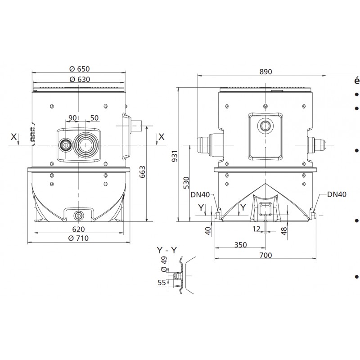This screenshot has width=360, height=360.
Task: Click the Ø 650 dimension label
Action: (79, 69)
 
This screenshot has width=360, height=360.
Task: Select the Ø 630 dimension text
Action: (79, 79)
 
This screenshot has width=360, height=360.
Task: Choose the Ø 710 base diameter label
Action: (79, 238)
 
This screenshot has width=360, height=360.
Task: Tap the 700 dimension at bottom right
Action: (266, 255)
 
